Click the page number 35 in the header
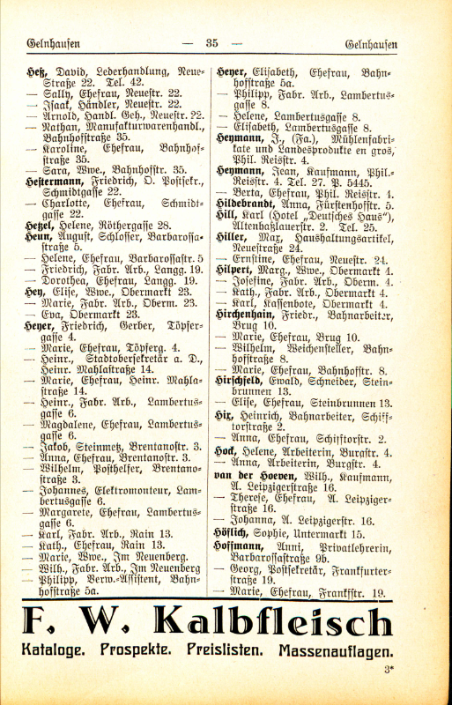click(x=211, y=43)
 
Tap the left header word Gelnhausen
click(x=52, y=43)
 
